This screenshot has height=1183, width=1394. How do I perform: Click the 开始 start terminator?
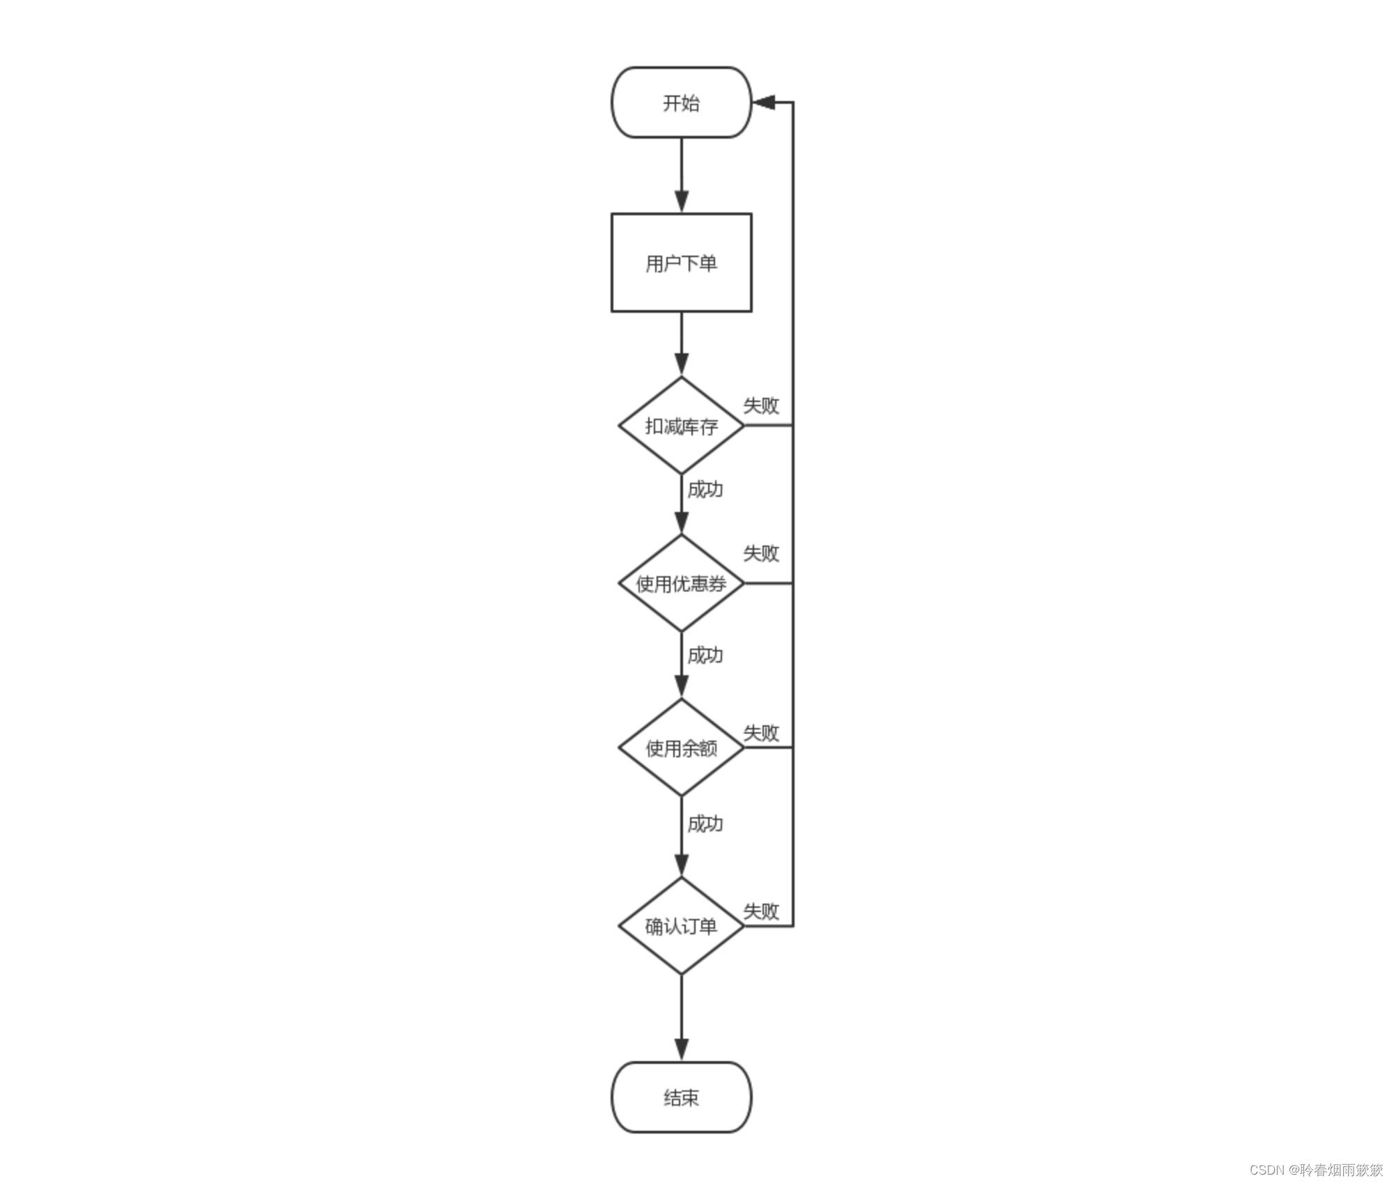tap(681, 102)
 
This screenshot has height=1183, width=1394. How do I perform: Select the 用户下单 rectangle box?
tap(681, 263)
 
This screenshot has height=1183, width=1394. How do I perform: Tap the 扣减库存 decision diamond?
tap(681, 426)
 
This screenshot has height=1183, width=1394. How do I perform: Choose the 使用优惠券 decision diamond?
tap(681, 583)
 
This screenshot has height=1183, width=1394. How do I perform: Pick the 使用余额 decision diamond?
tap(681, 748)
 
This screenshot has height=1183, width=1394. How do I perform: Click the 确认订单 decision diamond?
tap(681, 926)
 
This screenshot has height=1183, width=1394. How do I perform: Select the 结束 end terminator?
tap(681, 1097)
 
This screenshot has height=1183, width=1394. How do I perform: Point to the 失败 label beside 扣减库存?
tap(760, 405)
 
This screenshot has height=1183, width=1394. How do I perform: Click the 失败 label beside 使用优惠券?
tap(760, 553)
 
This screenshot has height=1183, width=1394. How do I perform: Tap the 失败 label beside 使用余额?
tap(760, 733)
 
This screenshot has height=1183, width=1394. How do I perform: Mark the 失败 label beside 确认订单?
tap(760, 911)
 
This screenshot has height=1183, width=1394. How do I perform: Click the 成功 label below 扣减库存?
tap(705, 490)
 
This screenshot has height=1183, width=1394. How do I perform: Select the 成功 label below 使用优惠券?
tap(705, 655)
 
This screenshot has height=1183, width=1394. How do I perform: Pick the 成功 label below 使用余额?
tap(705, 824)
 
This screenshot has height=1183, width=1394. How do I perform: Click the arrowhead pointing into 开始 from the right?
tap(764, 102)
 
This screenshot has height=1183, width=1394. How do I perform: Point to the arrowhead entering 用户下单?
tap(681, 201)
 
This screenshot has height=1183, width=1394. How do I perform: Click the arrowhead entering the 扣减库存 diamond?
tap(681, 364)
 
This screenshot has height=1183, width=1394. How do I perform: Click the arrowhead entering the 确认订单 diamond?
tap(681, 865)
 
